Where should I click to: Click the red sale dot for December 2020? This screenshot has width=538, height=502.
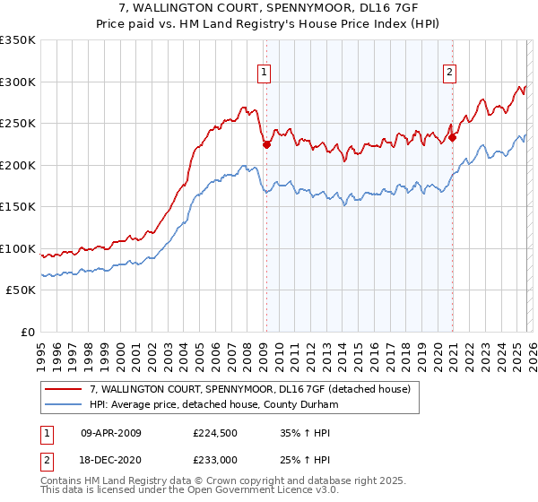(x=453, y=138)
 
